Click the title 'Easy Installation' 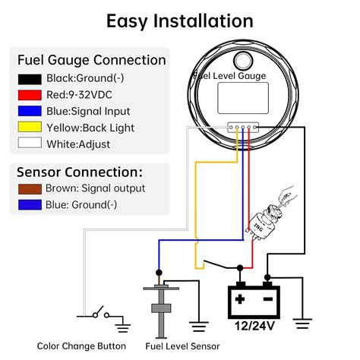(179, 21)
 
